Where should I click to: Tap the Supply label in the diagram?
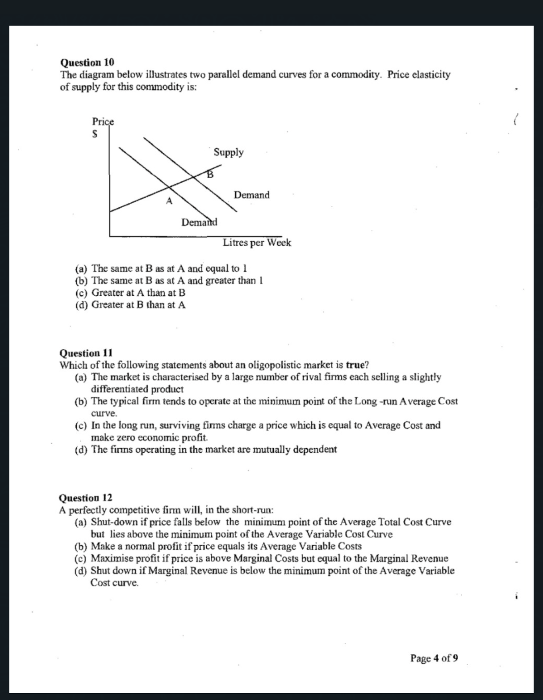tap(228, 152)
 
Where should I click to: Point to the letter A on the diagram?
tap(169, 202)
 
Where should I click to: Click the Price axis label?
tap(103, 122)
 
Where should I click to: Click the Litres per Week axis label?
tap(256, 243)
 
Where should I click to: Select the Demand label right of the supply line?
tap(251, 195)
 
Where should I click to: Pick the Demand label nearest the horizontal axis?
tap(199, 222)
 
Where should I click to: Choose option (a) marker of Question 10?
tap(82, 269)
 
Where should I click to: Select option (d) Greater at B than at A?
tap(139, 304)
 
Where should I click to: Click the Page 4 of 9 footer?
tap(434, 659)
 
